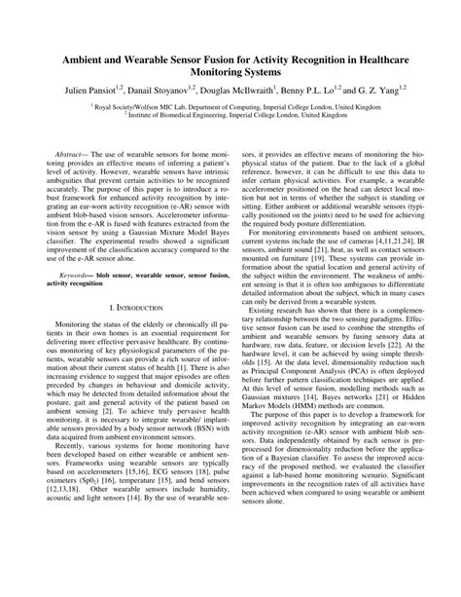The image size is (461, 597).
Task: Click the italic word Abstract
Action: [x=72, y=154]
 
